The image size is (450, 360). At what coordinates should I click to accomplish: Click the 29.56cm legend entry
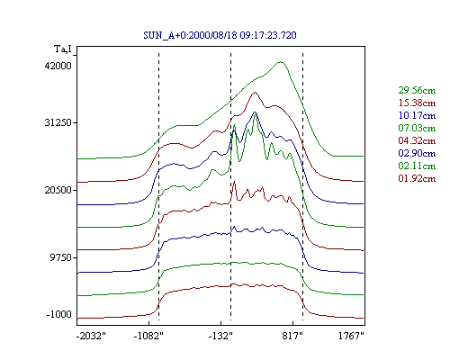tap(417, 90)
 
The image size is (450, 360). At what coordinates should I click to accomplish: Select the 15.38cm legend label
tap(417, 103)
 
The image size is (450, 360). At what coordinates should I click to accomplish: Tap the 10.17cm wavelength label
tap(417, 115)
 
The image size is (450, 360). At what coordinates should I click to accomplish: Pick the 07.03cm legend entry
tap(417, 128)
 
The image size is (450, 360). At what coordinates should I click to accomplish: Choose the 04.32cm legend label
tap(417, 140)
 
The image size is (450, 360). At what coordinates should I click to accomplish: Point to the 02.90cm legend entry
tap(417, 153)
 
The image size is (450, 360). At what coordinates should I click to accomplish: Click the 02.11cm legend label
tap(417, 166)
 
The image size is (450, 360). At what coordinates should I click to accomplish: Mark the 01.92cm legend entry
tap(417, 178)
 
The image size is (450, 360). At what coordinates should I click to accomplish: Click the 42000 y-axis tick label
tap(58, 66)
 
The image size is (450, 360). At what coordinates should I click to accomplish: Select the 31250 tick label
tap(58, 122)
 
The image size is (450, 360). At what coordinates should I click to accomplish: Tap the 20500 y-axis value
tap(58, 190)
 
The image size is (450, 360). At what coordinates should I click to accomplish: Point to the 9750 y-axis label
tap(61, 257)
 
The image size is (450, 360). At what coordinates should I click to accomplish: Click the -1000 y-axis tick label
tap(59, 314)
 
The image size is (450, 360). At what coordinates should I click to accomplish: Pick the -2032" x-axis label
tap(91, 336)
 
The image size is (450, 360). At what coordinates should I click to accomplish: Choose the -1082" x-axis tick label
tap(148, 336)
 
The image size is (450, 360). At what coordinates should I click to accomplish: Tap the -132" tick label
tap(220, 336)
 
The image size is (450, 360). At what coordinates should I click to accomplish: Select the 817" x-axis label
tap(292, 336)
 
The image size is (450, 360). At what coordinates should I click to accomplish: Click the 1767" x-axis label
tap(351, 336)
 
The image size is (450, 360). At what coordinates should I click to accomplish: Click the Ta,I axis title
tap(63, 49)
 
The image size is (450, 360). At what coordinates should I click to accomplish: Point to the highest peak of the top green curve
tap(281, 62)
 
